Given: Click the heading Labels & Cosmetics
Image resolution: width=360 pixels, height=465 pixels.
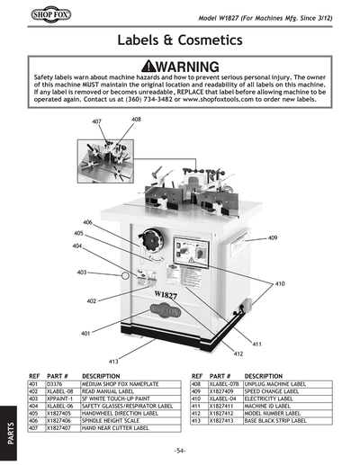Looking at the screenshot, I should click(x=180, y=40).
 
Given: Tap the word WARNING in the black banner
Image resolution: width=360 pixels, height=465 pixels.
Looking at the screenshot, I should click(x=186, y=67).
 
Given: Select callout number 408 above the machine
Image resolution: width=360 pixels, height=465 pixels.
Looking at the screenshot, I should click(x=136, y=119).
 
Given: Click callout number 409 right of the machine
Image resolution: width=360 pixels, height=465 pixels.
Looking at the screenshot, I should click(x=273, y=237).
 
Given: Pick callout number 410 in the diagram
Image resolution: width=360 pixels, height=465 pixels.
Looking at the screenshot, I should click(x=280, y=283).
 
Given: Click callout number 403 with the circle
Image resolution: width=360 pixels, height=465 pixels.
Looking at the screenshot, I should click(x=82, y=273).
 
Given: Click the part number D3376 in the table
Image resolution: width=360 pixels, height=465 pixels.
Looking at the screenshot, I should click(x=56, y=384).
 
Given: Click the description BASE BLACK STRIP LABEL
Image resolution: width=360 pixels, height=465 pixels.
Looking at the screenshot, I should click(x=281, y=420).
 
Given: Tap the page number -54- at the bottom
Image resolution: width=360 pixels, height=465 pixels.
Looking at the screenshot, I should click(x=180, y=450).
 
